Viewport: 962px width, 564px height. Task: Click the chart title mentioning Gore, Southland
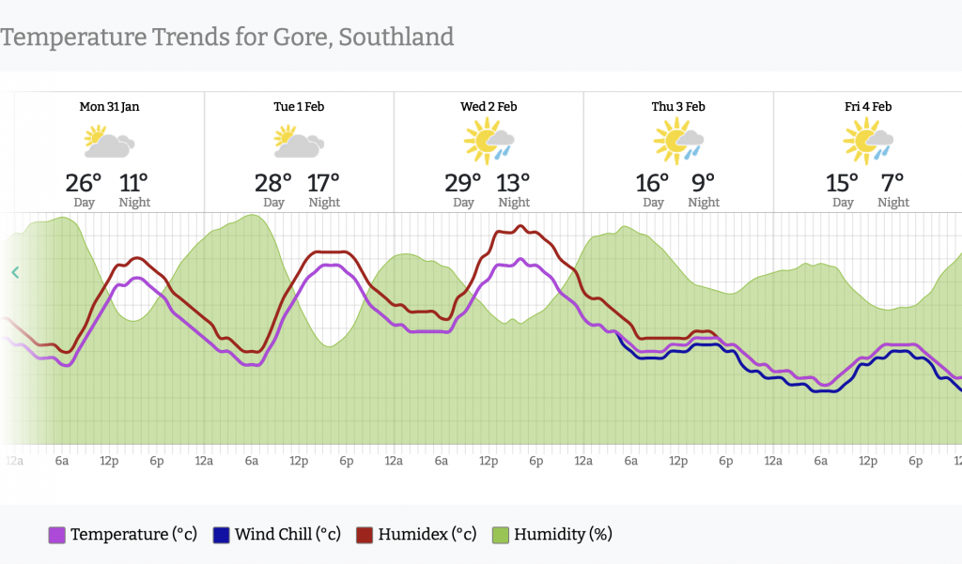227,38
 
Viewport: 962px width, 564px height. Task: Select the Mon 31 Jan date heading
109,107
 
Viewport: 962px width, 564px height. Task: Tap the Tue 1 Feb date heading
299,107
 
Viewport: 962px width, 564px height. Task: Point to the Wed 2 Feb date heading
489,107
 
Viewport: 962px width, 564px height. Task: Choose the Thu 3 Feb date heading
678,107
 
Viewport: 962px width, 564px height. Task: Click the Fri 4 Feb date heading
868,107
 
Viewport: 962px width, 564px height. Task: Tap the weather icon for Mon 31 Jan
109,143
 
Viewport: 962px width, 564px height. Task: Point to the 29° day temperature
462,182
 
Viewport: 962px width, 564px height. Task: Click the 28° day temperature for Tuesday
272,182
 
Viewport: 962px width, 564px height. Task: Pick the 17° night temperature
324,182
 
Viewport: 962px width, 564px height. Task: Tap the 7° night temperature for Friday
892,182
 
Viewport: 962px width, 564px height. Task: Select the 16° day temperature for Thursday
652,182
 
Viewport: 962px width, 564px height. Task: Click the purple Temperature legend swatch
57,535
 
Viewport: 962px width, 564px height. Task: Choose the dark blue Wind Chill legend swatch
222,535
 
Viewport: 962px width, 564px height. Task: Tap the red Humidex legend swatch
365,535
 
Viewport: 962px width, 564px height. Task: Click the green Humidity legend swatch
501,535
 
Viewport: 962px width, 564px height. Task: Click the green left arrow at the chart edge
15,273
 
